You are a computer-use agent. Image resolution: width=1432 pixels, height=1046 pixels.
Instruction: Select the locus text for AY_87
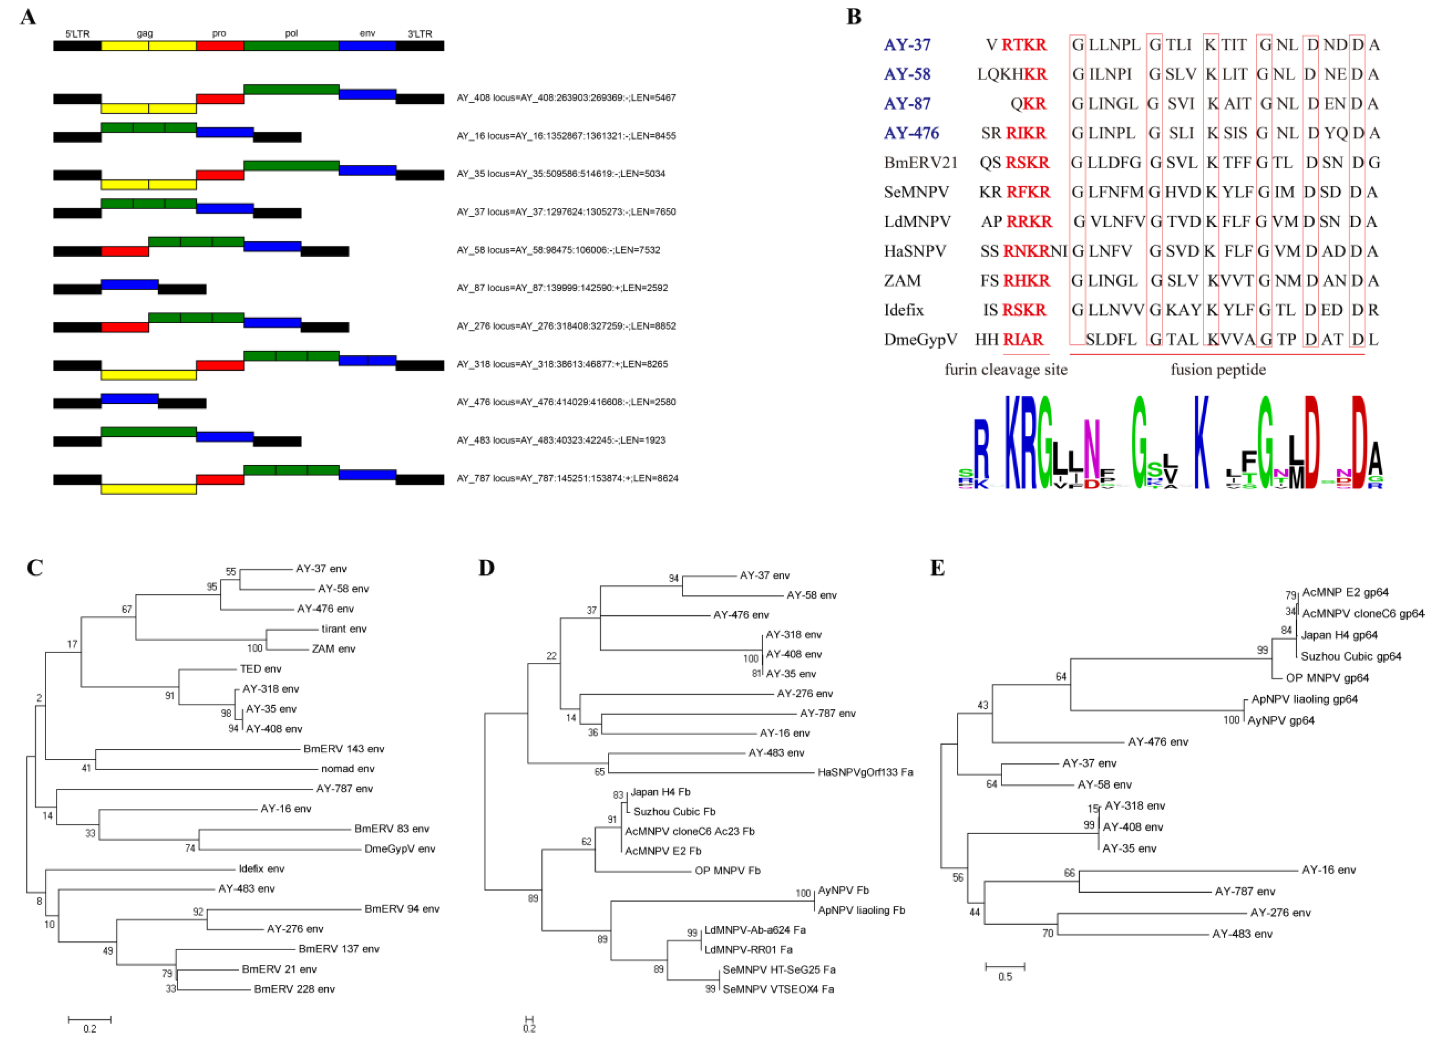point(562,288)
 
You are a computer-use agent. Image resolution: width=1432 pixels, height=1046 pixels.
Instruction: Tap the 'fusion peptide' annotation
point(1217,370)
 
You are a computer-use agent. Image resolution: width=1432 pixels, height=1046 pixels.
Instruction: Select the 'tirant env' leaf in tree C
point(343,629)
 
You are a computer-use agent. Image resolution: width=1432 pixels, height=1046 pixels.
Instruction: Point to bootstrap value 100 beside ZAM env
point(254,649)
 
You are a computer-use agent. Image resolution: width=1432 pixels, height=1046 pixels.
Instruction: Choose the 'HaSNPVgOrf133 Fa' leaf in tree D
point(865,773)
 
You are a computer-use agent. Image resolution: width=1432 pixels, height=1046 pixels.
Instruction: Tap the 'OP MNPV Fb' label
point(727,871)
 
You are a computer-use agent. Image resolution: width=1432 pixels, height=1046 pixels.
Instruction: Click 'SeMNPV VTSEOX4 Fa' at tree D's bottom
point(778,989)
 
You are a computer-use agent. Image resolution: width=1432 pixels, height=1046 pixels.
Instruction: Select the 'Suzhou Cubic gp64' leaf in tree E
point(1350,657)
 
